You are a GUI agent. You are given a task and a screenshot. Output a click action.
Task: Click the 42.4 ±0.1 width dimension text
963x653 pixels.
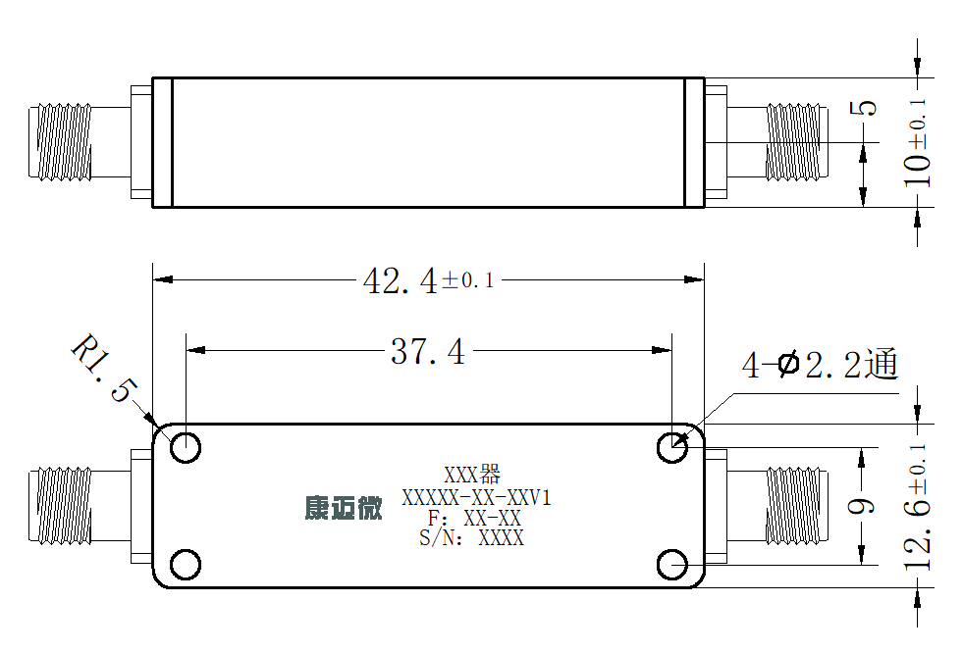(429, 281)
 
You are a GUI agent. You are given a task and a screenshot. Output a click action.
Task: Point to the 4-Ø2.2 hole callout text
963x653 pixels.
(820, 365)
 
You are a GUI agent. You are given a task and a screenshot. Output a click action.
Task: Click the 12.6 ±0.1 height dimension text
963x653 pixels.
(918, 507)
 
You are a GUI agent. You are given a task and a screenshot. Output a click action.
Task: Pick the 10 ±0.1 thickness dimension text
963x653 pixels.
(917, 142)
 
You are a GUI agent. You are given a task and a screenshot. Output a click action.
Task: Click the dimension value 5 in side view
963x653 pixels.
(863, 109)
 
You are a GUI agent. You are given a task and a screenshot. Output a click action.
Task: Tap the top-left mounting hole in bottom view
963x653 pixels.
(186, 448)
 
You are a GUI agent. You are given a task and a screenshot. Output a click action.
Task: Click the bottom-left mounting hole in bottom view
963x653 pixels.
(186, 565)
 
